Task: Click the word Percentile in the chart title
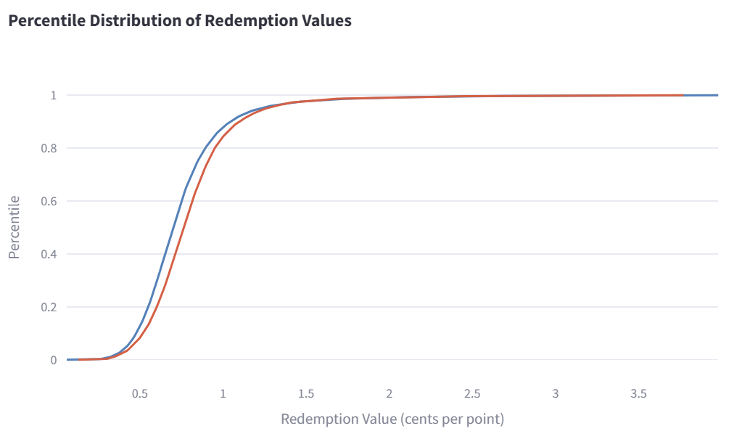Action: tap(45, 21)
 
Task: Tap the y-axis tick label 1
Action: tap(53, 95)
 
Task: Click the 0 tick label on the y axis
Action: tap(53, 360)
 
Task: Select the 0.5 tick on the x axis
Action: tap(139, 393)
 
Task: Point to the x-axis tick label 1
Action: tap(223, 393)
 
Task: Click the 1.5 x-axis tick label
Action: tap(306, 393)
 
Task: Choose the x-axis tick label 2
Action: tap(390, 393)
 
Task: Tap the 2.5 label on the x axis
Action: tap(472, 393)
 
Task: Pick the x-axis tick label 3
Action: tap(556, 393)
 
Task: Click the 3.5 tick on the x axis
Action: tap(638, 393)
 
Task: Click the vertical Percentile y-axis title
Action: tap(15, 227)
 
